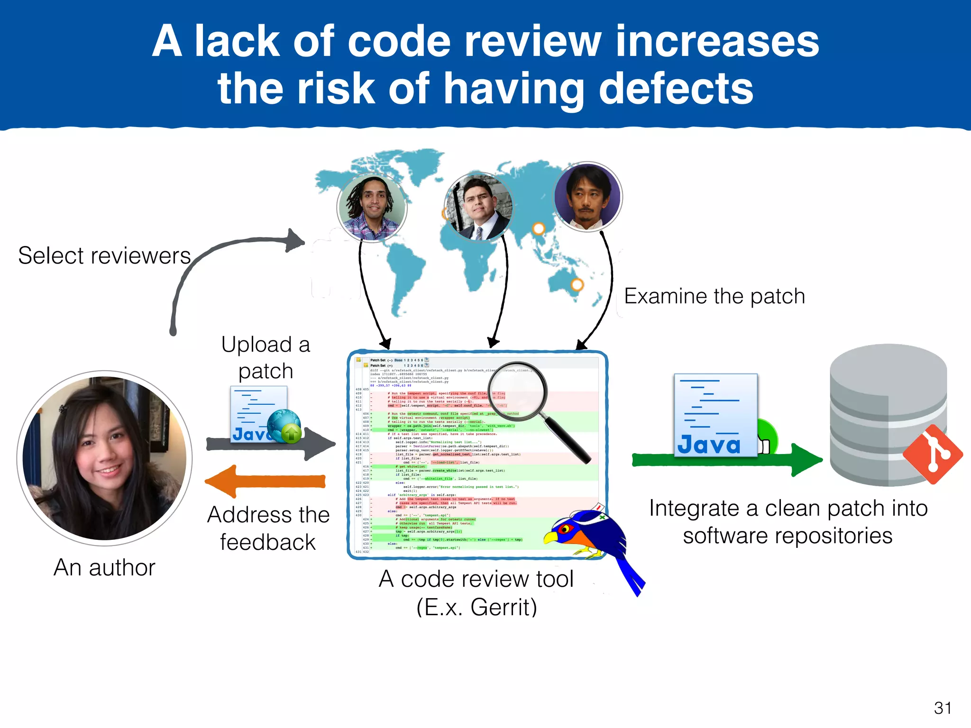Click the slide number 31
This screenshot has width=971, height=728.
coord(943,708)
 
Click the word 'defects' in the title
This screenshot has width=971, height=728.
coord(676,89)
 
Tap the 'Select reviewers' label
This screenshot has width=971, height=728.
coord(104,256)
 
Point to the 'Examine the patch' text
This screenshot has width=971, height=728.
coord(715,297)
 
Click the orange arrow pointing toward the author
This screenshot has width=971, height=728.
coord(266,482)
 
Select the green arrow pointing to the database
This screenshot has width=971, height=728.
coord(725,459)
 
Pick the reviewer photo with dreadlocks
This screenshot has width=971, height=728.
coord(372,208)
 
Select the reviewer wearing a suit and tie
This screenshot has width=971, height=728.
coord(479,207)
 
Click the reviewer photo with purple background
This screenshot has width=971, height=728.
coord(587,197)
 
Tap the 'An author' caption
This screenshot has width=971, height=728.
coord(104,568)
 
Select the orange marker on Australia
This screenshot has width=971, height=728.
coord(577,285)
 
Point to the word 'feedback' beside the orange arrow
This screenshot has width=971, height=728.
coord(268,543)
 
